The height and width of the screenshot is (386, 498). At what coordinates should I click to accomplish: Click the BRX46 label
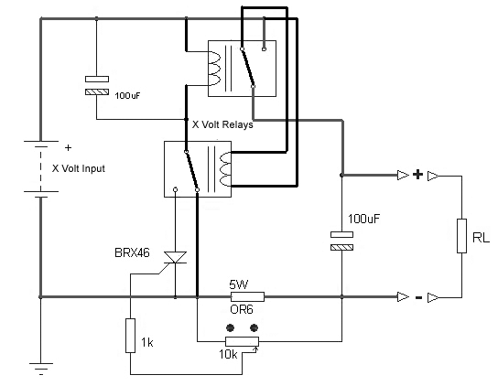pyautogui.click(x=132, y=252)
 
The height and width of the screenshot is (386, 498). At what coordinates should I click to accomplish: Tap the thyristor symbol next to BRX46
pyautogui.click(x=175, y=257)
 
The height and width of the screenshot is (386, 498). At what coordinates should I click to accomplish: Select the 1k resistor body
pyautogui.click(x=130, y=336)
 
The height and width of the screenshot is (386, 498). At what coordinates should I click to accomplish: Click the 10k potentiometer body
pyautogui.click(x=242, y=341)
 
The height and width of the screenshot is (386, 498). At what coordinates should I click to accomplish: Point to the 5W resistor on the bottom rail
pyautogui.click(x=247, y=296)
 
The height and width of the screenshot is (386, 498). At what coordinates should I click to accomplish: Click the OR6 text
pyautogui.click(x=242, y=309)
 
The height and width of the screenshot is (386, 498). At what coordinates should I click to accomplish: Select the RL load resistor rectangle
pyautogui.click(x=461, y=236)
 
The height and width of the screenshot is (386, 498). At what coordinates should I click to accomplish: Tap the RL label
pyautogui.click(x=481, y=238)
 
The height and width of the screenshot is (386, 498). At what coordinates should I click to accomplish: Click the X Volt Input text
pyautogui.click(x=79, y=168)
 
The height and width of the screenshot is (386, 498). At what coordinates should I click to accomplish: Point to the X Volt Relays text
pyautogui.click(x=222, y=124)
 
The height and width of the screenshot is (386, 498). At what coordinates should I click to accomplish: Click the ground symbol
pyautogui.click(x=41, y=369)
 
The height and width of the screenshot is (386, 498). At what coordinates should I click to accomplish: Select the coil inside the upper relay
pyautogui.click(x=214, y=69)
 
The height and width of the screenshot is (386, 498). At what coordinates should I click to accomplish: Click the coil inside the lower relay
pyautogui.click(x=225, y=169)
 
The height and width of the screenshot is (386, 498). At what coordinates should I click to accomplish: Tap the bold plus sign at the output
pyautogui.click(x=418, y=175)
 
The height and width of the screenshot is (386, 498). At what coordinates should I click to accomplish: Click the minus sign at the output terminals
pyautogui.click(x=419, y=297)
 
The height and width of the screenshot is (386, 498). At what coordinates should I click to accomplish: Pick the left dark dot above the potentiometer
pyautogui.click(x=230, y=327)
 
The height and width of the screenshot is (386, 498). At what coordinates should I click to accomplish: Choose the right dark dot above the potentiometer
pyautogui.click(x=254, y=327)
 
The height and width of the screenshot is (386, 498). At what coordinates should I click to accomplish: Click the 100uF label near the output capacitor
pyautogui.click(x=363, y=219)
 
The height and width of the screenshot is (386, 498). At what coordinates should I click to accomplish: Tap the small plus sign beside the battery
pyautogui.click(x=68, y=147)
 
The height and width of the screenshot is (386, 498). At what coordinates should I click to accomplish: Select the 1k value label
pyautogui.click(x=147, y=342)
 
